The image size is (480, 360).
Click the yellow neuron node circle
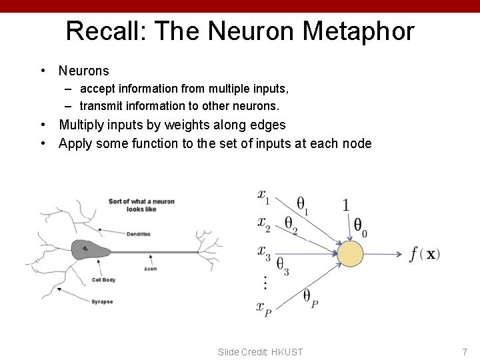tap(350, 254)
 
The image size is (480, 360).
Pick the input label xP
tap(264, 307)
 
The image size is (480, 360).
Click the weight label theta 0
tap(360, 227)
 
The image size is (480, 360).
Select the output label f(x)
tap(425, 254)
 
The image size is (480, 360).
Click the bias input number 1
tap(345, 205)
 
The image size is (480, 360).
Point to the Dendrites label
tap(138, 234)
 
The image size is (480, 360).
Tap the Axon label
tap(150, 269)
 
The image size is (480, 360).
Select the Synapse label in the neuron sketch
tap(102, 302)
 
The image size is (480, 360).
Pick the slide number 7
tap(465, 351)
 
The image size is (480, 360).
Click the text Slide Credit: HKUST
tap(260, 351)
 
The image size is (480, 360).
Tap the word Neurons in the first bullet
tap(83, 70)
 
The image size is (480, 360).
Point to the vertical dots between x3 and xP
tap(265, 283)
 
